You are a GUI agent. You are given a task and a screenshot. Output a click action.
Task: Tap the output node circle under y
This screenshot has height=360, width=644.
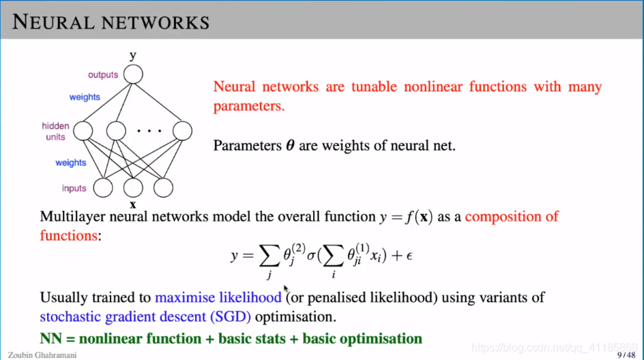[x=133, y=74]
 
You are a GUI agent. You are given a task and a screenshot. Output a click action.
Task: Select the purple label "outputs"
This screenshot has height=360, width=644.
[x=103, y=74]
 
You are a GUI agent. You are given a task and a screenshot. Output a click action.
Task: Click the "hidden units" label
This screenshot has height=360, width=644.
[x=55, y=131]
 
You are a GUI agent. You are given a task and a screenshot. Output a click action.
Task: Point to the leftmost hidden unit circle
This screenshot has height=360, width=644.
[x=83, y=130]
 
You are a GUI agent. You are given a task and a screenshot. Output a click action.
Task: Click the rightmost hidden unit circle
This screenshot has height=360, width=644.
[x=182, y=130]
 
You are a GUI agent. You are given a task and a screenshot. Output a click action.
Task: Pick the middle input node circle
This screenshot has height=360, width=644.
[x=133, y=187]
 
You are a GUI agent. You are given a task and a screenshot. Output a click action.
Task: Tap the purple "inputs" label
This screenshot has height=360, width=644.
[x=74, y=188]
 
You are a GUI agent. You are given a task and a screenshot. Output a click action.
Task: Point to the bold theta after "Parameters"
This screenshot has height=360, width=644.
[x=289, y=145]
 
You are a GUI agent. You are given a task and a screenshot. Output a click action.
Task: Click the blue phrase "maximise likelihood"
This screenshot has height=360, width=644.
[x=218, y=297]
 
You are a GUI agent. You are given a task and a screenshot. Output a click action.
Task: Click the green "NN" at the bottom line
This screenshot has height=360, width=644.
[x=52, y=338]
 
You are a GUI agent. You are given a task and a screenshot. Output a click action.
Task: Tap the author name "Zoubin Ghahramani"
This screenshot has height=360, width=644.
[x=38, y=355]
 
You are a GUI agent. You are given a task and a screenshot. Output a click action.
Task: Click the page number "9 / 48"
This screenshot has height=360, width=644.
[x=625, y=355]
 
